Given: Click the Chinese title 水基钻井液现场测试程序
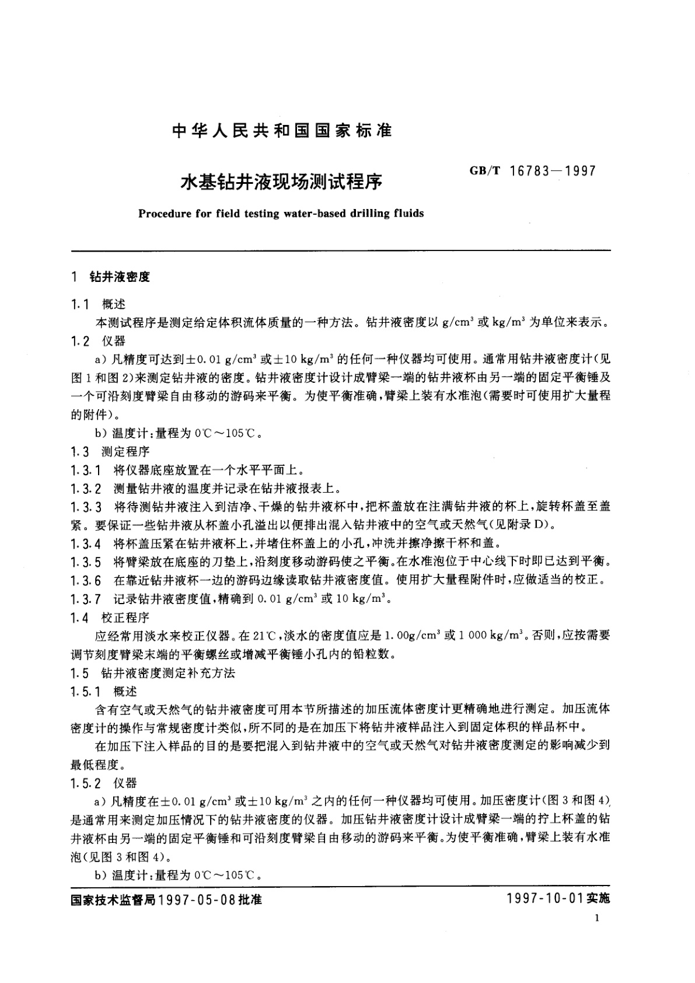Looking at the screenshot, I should click(x=281, y=182).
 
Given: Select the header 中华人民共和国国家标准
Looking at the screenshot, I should click(x=281, y=131).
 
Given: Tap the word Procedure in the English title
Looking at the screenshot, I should click(x=164, y=214).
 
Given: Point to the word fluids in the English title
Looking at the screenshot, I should click(x=408, y=214).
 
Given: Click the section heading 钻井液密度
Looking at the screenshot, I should click(x=119, y=277).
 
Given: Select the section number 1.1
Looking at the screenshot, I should click(x=79, y=304).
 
